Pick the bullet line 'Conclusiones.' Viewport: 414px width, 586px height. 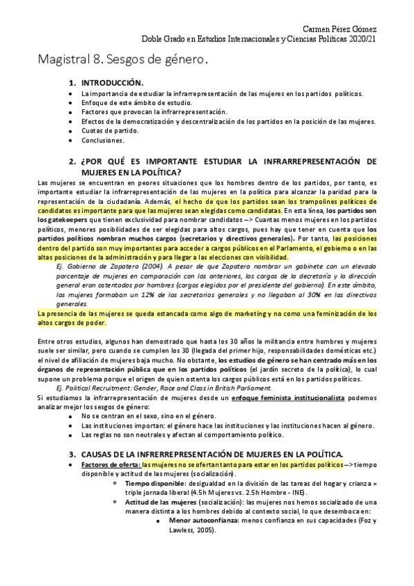pos(102,140)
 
